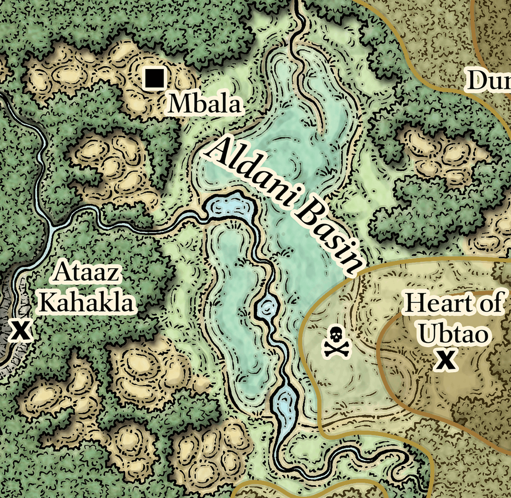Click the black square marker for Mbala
point(154,78)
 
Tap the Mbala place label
point(204,104)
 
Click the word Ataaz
point(86,273)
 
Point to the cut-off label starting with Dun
point(488,81)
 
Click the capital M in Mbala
point(179,104)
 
